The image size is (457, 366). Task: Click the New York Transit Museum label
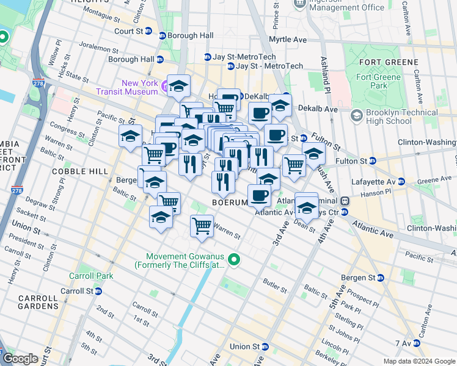point(140,87)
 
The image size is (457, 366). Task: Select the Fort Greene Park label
point(379,81)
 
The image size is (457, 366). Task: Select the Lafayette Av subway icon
point(401,181)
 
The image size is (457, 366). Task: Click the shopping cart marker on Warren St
point(202,226)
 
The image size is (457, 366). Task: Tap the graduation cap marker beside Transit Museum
point(178,85)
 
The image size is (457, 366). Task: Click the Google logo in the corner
point(20,359)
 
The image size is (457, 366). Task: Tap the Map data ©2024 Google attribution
point(419,361)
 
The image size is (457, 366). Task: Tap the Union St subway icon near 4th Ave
point(265,346)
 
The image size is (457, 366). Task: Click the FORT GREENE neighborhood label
point(389,62)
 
